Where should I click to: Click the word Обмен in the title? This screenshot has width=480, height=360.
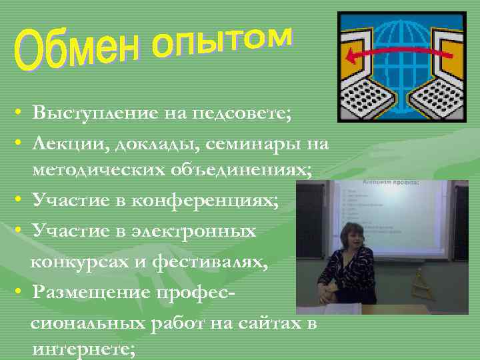pyautogui.click(x=77, y=52)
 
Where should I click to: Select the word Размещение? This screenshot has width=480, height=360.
pyautogui.click(x=89, y=292)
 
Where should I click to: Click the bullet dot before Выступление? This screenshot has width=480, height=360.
pyautogui.click(x=23, y=113)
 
